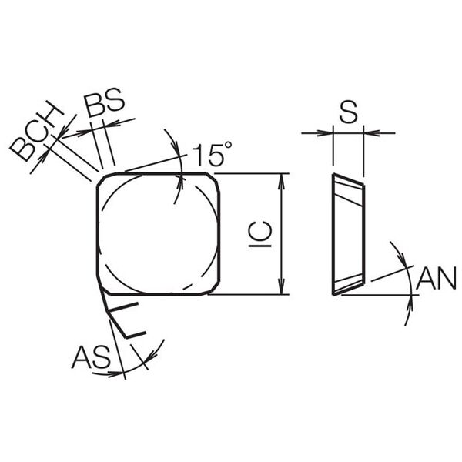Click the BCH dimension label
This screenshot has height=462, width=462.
point(37,132)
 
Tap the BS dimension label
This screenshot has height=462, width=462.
point(104,102)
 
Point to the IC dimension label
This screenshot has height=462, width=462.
point(260,234)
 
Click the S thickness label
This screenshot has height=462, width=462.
point(348,112)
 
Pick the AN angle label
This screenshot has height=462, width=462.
point(436,279)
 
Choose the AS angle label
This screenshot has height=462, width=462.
point(92,357)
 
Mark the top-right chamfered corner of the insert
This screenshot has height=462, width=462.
point(213,179)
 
